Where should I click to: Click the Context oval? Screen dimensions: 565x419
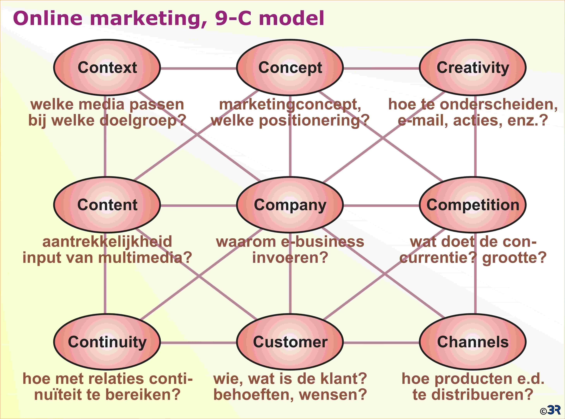[x=107, y=68]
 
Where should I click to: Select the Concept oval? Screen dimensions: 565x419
[x=290, y=68]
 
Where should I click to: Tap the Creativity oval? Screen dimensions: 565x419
[x=473, y=68]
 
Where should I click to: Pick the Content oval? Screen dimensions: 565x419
[x=107, y=205]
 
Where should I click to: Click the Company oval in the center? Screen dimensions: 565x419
[x=290, y=205]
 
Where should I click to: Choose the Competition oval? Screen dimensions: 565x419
[x=473, y=205]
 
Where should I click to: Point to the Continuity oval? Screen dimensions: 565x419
[x=107, y=342]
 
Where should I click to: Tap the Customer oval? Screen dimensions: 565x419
[x=290, y=342]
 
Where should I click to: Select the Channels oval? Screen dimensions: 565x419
[x=473, y=342]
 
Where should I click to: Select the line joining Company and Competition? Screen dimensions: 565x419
[x=381, y=206]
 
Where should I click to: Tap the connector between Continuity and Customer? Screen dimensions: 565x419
[x=199, y=343]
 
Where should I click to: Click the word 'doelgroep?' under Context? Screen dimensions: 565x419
[x=143, y=121]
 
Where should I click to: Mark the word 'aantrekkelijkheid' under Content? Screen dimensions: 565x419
[x=107, y=242]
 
